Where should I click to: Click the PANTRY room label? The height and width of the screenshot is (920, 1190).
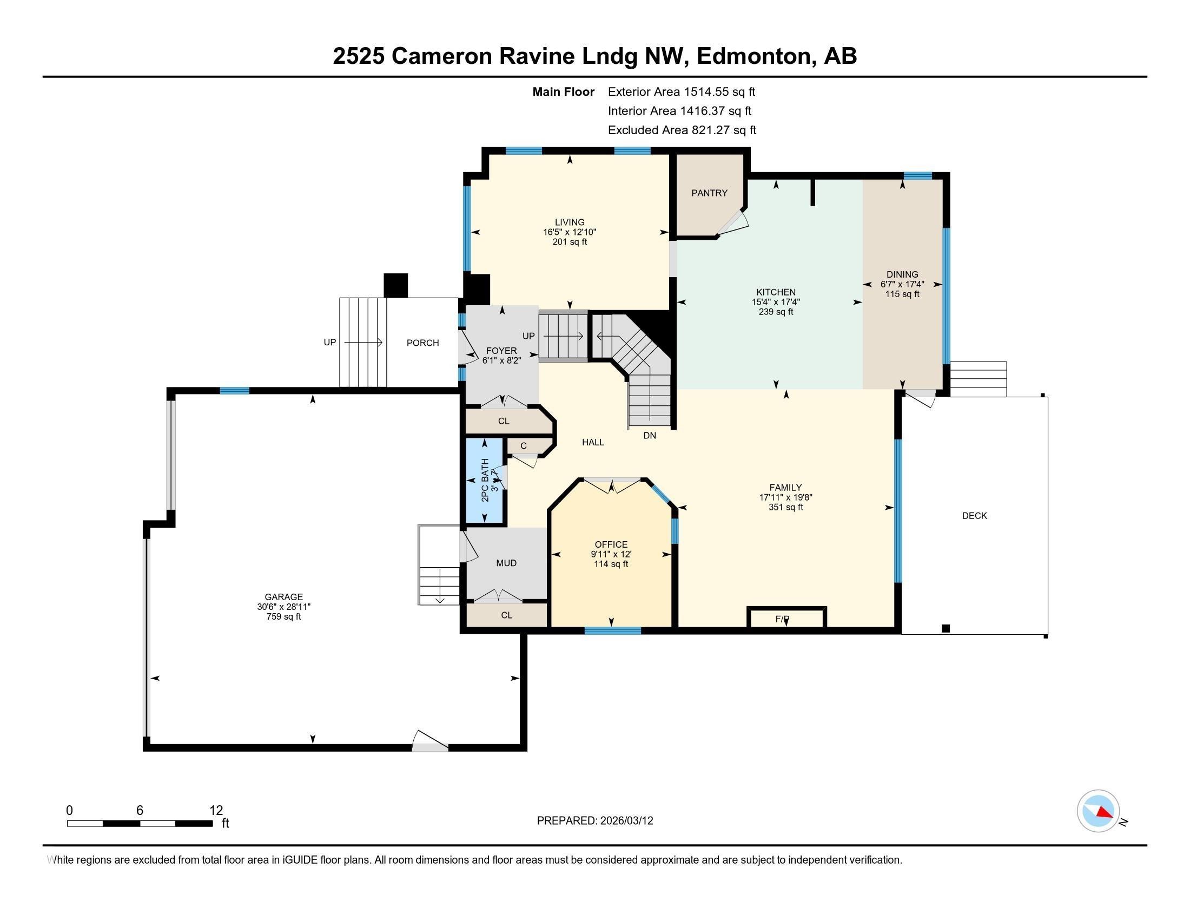pos(709,193)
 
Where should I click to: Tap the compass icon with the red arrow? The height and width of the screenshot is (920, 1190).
pos(1098,811)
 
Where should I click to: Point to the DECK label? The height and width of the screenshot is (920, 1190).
pos(974,516)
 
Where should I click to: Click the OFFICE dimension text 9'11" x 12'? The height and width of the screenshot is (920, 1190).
pos(611,554)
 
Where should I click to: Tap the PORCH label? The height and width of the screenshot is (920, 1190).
pos(422,343)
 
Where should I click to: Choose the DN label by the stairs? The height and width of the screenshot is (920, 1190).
pos(650,436)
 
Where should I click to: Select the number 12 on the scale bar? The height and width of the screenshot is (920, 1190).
pos(216,811)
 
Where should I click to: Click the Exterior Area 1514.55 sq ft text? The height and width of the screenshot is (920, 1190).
pos(681,91)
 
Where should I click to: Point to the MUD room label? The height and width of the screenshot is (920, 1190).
pos(506,563)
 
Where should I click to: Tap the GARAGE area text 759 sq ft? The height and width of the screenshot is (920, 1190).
pos(283,617)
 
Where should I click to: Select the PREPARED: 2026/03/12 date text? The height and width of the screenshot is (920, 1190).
pos(594,821)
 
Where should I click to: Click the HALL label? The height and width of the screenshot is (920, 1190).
pos(593,443)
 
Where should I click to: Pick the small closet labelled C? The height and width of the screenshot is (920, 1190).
pos(524,446)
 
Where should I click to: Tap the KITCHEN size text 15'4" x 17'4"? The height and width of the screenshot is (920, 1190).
pos(775,302)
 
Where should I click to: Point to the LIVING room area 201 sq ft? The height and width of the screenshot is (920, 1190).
pos(570,242)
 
